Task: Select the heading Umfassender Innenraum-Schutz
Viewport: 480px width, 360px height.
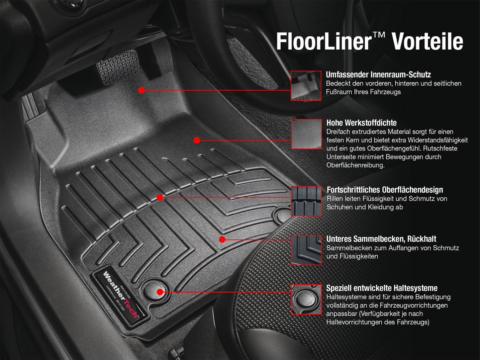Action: tap(378, 74)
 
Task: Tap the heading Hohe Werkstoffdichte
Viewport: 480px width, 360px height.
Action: tap(361, 123)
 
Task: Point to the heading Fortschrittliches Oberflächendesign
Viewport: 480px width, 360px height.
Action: tap(385, 190)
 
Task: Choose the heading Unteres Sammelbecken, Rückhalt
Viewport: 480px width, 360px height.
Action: tap(381, 239)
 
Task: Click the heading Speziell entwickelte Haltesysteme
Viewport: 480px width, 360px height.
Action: tap(382, 288)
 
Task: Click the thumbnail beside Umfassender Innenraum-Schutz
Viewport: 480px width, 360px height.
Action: tap(306, 86)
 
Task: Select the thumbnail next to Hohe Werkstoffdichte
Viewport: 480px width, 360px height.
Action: tap(306, 134)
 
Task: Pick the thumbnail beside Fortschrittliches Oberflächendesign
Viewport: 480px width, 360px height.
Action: tap(306, 201)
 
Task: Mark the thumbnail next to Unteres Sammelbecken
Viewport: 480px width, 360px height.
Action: tap(306, 250)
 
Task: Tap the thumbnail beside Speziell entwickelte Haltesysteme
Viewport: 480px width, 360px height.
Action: tap(306, 299)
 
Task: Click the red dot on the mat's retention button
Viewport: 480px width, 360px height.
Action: tap(159, 292)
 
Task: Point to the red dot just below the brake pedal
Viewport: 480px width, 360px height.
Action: tap(142, 90)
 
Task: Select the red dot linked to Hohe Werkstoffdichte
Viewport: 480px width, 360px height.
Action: tap(197, 140)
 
